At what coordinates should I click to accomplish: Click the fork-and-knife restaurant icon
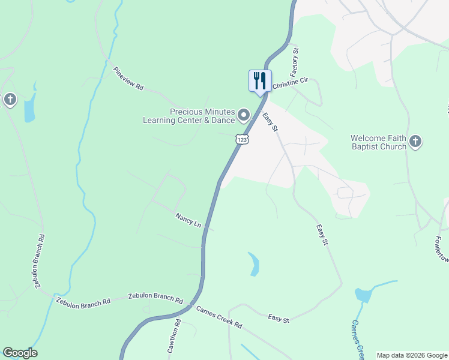click(260, 80)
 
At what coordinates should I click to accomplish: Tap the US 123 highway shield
click(241, 139)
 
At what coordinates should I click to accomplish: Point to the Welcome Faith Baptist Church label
click(378, 142)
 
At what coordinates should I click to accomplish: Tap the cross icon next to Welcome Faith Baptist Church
click(415, 142)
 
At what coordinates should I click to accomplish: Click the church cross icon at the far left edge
click(10, 100)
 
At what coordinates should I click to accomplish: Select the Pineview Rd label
click(128, 79)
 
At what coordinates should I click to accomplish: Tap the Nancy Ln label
click(188, 220)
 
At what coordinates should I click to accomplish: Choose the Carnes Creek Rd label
click(218, 317)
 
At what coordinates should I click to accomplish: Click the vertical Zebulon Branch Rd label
click(40, 262)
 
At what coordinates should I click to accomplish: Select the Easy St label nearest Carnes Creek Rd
click(279, 319)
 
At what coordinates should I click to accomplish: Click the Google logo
click(20, 353)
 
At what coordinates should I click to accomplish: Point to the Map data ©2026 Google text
click(412, 355)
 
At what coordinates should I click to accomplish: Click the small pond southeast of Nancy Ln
click(255, 264)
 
